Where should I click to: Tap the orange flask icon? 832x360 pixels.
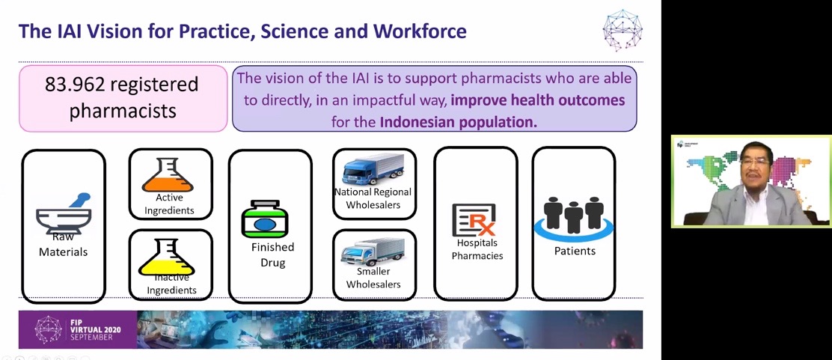(x=168, y=176)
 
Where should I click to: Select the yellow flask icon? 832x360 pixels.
(x=167, y=257)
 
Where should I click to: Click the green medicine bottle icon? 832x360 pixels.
(x=265, y=219)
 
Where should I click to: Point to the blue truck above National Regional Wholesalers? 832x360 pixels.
(x=373, y=169)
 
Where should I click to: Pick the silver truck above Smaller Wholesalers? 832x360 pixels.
(x=373, y=251)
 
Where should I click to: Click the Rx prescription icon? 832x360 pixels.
(x=474, y=220)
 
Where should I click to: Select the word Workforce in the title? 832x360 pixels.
(x=420, y=31)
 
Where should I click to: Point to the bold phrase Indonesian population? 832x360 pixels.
(x=459, y=122)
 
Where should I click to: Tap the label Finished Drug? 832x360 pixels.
(x=273, y=255)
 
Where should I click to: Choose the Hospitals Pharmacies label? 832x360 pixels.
(x=477, y=249)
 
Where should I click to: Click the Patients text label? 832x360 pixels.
(x=575, y=251)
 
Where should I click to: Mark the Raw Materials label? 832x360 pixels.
(x=63, y=245)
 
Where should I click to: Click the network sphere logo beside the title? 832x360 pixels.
(x=623, y=30)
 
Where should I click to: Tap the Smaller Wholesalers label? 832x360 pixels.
(x=373, y=278)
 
